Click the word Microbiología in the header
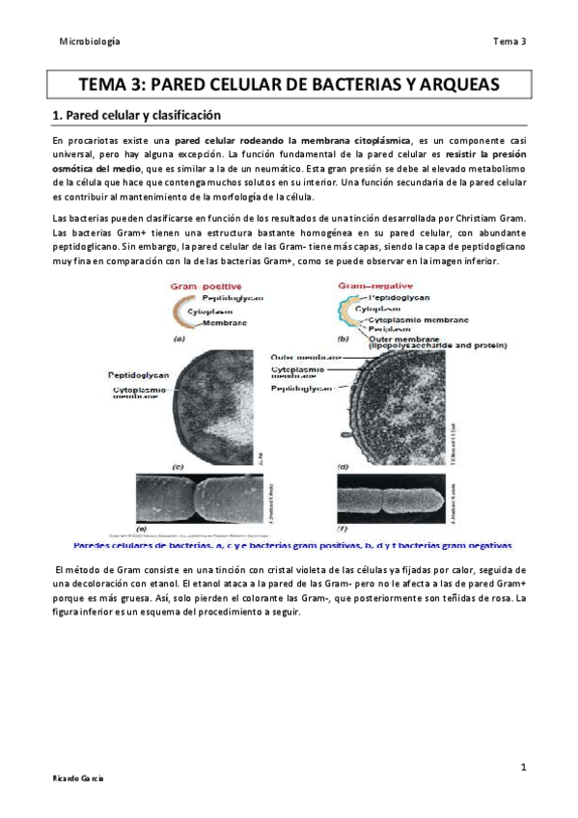pos(90,41)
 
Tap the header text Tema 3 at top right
pos(509,41)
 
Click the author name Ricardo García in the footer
pos(79,777)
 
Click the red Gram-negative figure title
pos(376,286)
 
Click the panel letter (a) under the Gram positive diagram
pos(179,340)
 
